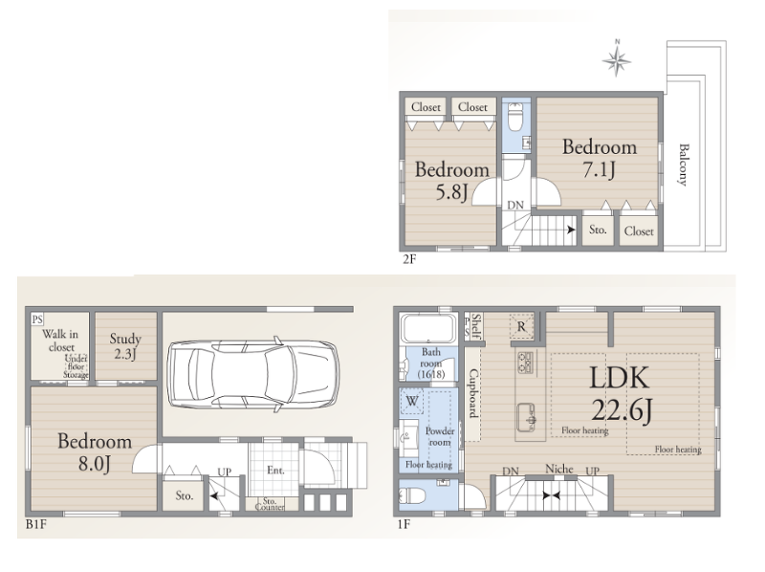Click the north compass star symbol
[x=616, y=60]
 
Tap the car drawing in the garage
[x=252, y=374]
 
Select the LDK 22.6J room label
[x=621, y=394]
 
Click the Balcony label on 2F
[x=683, y=165]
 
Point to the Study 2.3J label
[x=125, y=345]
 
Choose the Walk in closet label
[x=60, y=341]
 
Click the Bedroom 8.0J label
[x=95, y=451]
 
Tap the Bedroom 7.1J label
[x=600, y=158]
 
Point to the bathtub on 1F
[x=427, y=328]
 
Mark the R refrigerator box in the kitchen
[x=521, y=326]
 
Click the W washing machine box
[x=412, y=402]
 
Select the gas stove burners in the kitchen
[x=525, y=363]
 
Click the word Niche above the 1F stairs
[x=559, y=469]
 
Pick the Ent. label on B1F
[x=275, y=470]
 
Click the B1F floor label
[x=35, y=525]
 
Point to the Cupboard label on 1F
[x=472, y=393]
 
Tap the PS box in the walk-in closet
[x=37, y=319]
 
